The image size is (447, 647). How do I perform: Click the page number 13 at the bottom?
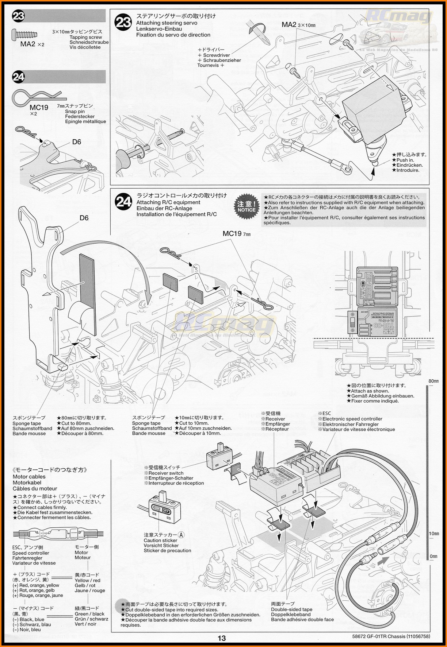[222, 638]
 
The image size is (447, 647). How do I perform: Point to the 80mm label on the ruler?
[433, 381]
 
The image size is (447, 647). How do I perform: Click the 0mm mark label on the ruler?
[433, 556]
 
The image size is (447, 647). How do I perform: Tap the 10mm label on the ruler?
[433, 534]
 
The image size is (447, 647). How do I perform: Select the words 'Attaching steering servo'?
[167, 23]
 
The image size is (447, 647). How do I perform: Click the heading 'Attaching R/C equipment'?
[168, 202]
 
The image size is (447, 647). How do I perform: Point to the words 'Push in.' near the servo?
[405, 160]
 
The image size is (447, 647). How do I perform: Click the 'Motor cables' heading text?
[29, 476]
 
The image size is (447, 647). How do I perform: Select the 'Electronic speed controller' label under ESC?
[352, 419]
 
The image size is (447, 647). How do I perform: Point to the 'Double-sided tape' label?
[291, 609]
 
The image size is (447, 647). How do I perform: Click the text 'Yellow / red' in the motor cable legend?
[87, 580]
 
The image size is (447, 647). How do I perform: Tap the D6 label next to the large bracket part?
[84, 218]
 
